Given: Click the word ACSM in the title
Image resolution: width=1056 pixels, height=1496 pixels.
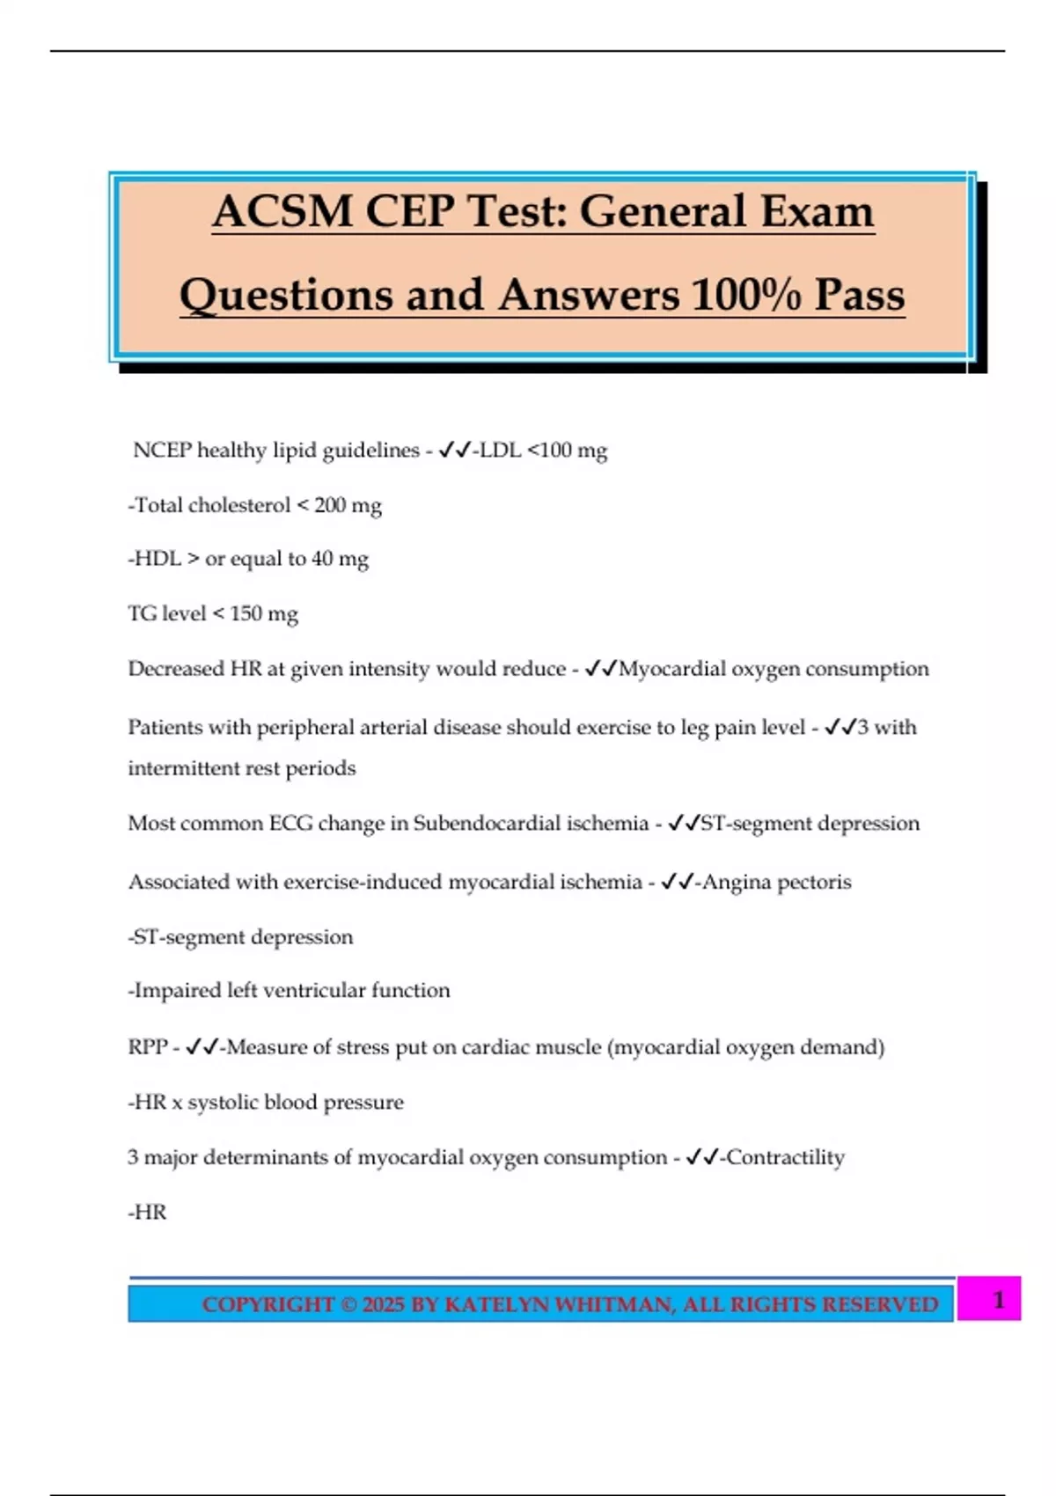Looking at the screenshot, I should (282, 212).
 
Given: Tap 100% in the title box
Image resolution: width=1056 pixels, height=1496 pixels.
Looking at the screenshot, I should (746, 295).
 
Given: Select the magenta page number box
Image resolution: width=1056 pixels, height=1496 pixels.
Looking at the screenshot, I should (989, 1299).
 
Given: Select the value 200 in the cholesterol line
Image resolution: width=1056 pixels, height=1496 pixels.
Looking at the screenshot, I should (330, 505).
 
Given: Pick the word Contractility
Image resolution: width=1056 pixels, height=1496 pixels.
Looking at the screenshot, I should (785, 1157).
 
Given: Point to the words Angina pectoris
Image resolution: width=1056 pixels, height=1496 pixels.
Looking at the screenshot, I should (776, 882).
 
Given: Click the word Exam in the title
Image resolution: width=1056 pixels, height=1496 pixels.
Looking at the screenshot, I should (818, 212).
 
